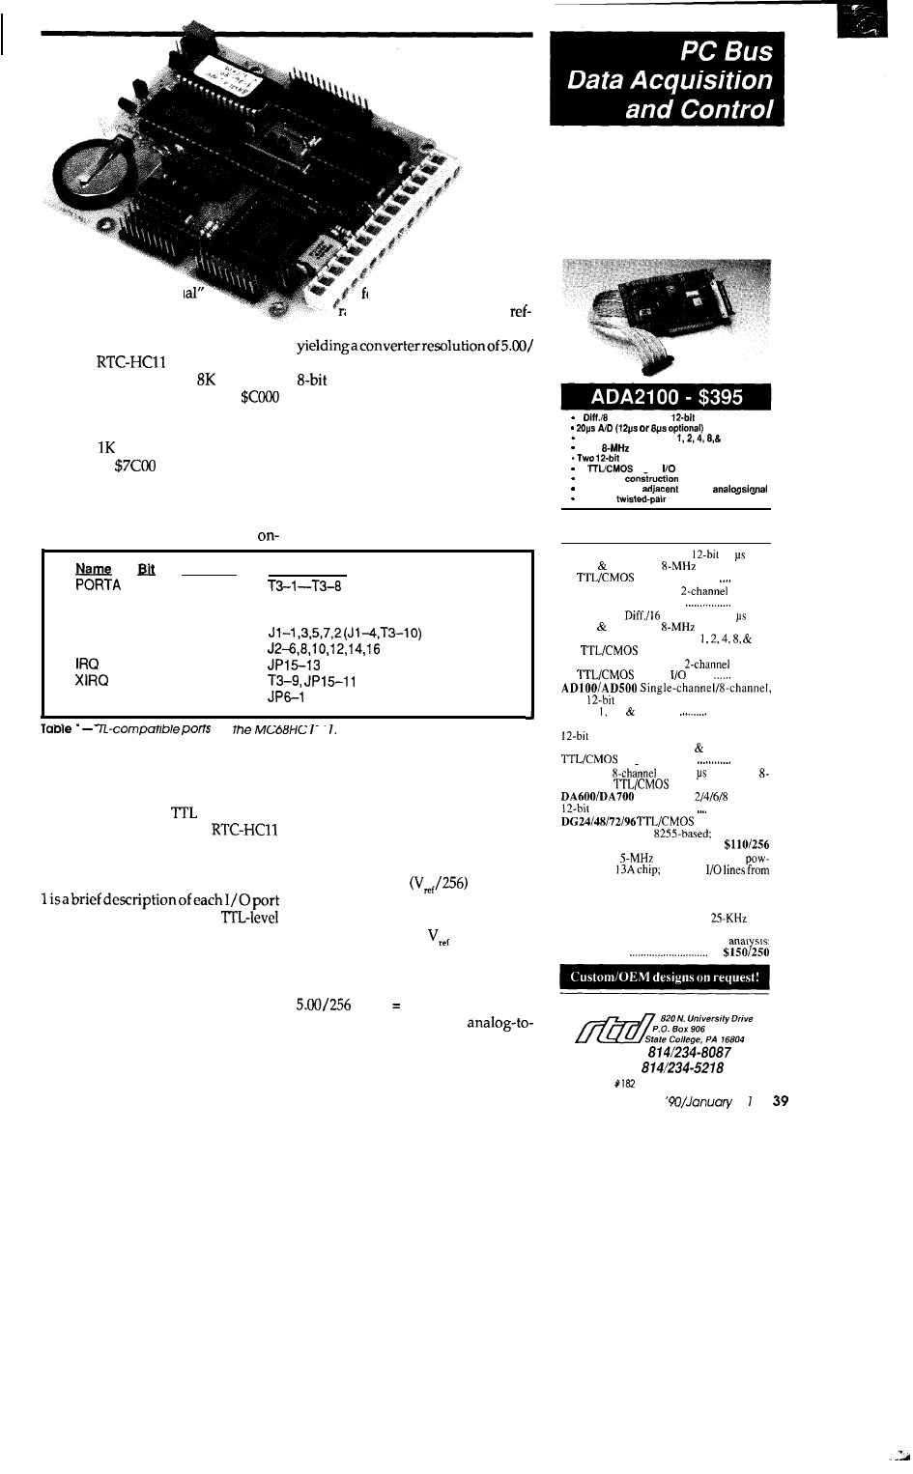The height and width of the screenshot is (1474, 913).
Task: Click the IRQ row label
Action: (x=88, y=666)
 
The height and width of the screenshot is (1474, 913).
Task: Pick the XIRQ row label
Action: (x=92, y=681)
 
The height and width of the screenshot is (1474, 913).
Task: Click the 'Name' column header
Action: (x=93, y=569)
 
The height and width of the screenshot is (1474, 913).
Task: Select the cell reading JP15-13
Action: (x=293, y=666)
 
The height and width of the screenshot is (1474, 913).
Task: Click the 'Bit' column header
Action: (x=147, y=569)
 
